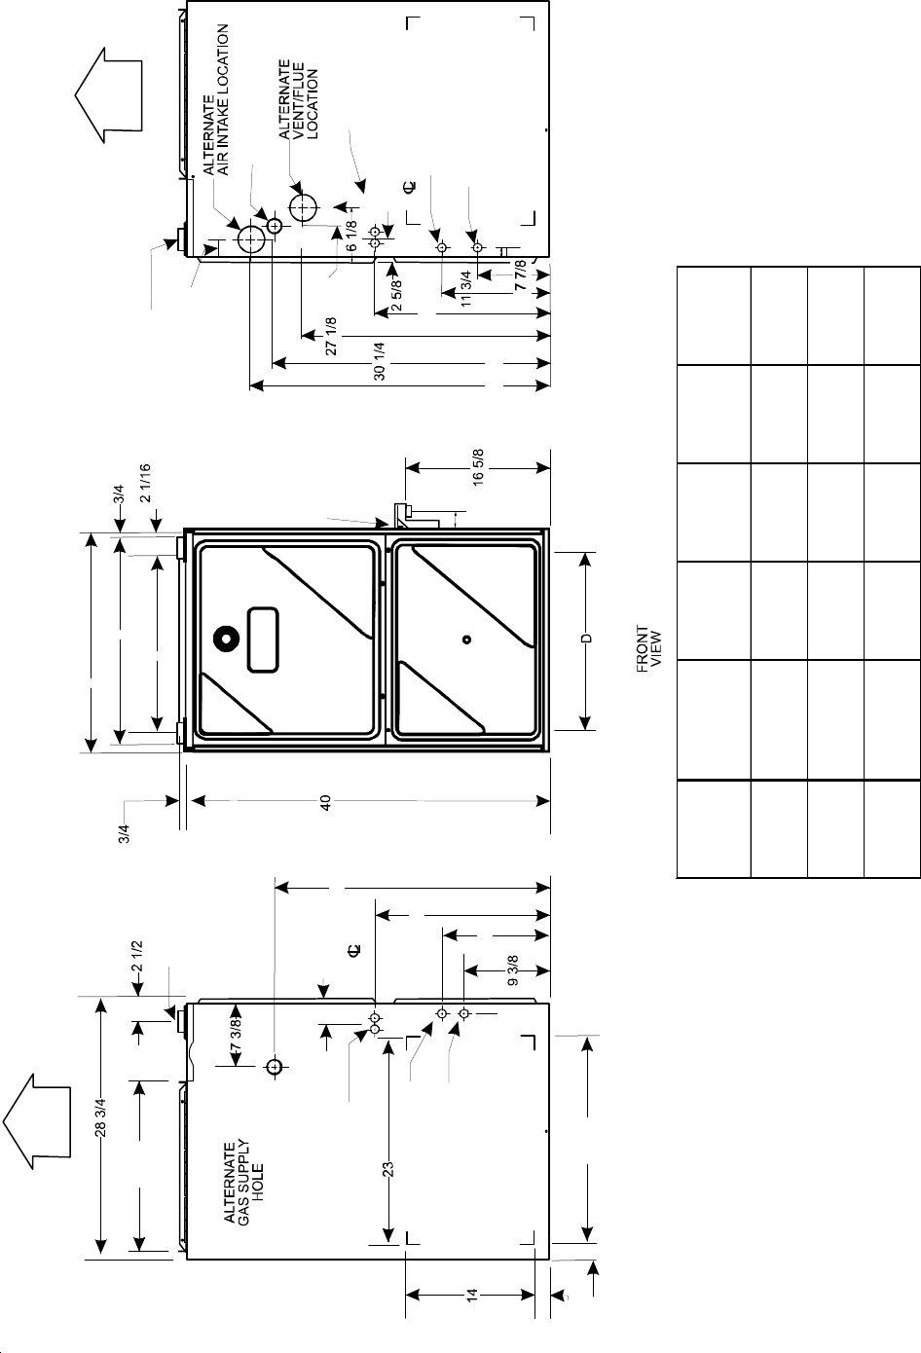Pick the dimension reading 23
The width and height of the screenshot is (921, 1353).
click(387, 1169)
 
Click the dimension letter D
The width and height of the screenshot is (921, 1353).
click(587, 639)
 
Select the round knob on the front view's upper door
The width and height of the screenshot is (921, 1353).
click(228, 639)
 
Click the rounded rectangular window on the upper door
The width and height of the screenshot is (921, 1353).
click(264, 639)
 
